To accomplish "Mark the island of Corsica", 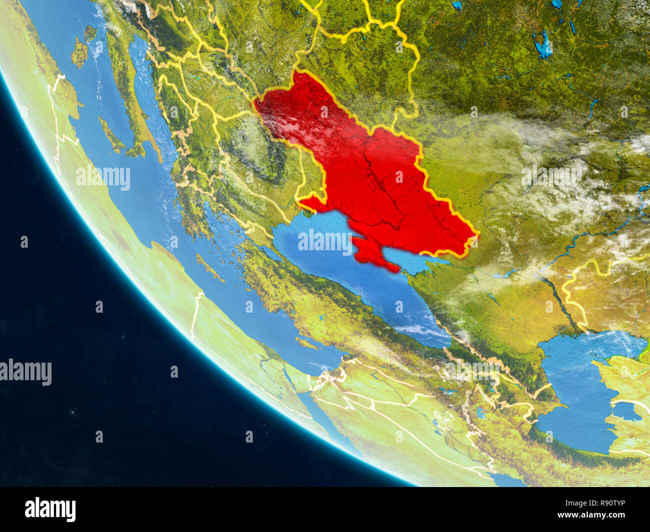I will (x=90, y=32).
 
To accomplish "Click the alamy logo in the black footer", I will (x=50, y=509).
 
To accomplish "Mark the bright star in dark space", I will (x=74, y=412).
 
